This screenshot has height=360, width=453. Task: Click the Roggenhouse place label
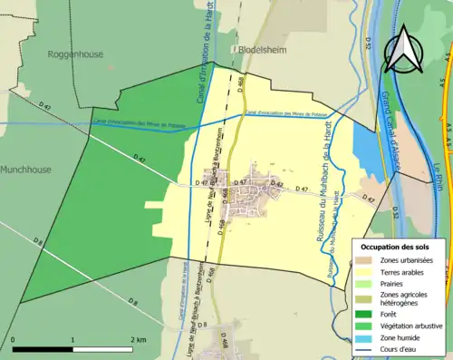[x=75, y=54]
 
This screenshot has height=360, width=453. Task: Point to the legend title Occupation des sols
[x=397, y=247]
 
